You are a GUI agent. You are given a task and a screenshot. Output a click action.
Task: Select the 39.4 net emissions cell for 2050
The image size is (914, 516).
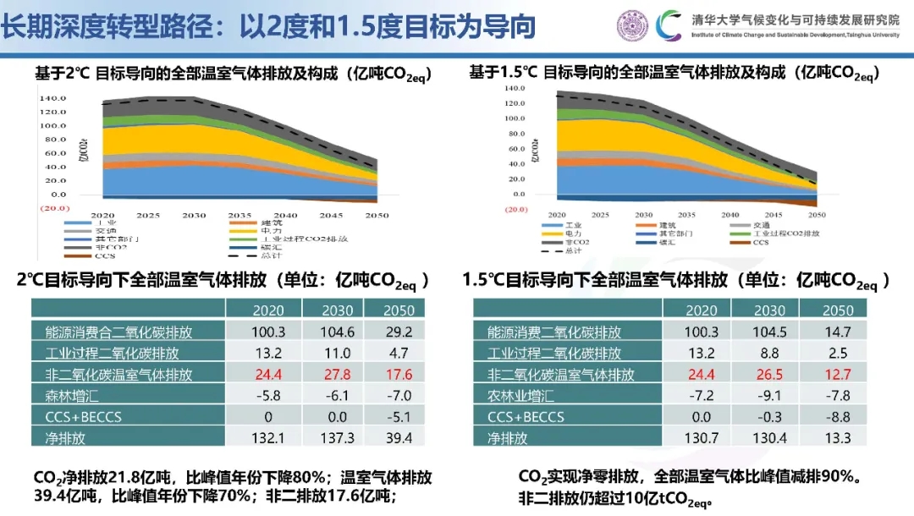pos(398,439)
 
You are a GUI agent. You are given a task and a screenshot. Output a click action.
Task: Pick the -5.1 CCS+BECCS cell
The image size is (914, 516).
pos(398,417)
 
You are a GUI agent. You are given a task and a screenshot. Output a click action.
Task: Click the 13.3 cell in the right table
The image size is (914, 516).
pos(838,439)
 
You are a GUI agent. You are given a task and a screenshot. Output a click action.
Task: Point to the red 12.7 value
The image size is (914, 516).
pos(838,374)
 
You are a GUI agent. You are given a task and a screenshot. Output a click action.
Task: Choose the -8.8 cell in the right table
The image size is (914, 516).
pos(838,417)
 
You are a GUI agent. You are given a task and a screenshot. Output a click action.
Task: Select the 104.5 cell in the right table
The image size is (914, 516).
pos(770,332)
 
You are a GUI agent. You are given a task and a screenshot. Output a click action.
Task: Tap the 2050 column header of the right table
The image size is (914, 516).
pos(838,310)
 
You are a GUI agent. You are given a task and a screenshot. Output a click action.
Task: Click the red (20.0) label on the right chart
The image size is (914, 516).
pos(516,208)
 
